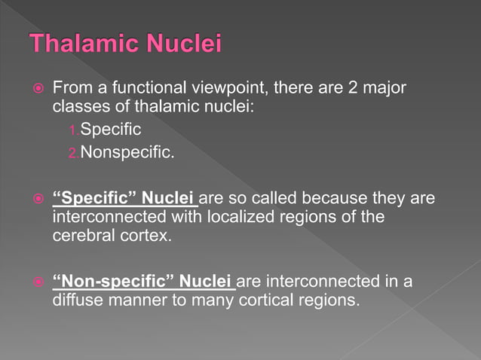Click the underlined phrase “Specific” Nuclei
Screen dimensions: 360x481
coord(124,200)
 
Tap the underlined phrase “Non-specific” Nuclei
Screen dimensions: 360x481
coord(142,282)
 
